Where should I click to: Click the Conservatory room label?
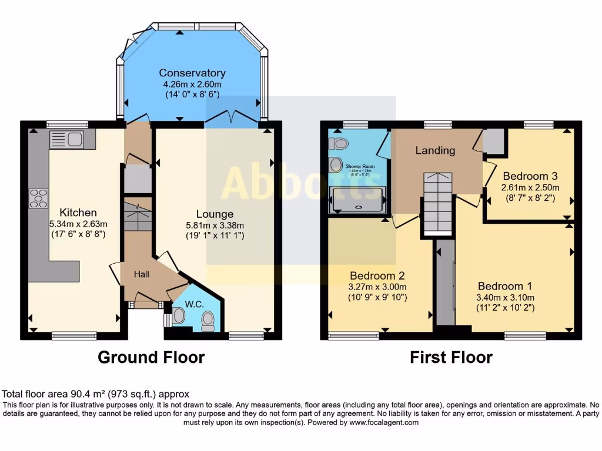192,73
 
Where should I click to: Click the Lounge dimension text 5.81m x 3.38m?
215,225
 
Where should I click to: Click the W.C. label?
194,304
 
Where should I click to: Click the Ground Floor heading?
151,357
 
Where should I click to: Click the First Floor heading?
451,357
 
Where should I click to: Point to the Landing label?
435,150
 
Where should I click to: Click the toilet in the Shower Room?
340,143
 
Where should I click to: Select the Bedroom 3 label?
530,176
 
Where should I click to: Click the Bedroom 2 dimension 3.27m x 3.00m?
377,287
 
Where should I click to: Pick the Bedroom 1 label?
504,286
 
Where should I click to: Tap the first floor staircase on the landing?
438,203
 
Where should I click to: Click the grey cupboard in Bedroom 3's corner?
493,141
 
